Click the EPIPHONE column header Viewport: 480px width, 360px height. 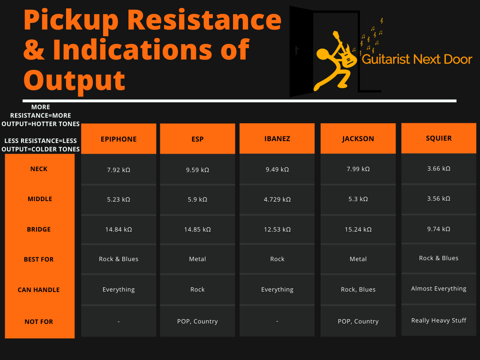(119, 139)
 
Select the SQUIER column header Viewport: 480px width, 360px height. (439, 138)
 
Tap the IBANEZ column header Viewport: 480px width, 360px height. (277, 139)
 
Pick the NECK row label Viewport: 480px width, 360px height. (39, 169)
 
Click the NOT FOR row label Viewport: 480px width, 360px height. (39, 322)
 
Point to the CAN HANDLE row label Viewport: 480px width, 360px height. (39, 290)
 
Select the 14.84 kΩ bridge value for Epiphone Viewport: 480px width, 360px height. (119, 230)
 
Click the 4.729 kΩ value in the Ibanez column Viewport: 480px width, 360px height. (277, 199)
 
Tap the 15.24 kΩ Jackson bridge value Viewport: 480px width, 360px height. (358, 230)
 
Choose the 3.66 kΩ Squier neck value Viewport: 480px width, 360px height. (439, 169)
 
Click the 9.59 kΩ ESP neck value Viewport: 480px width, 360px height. (197, 169)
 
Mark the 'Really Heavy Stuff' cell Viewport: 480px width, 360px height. (439, 321)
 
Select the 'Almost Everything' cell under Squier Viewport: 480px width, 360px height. (439, 289)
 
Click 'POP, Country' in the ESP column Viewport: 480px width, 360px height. (197, 322)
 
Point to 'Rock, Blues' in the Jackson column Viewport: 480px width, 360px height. (358, 290)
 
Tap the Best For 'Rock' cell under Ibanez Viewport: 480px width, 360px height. (277, 259)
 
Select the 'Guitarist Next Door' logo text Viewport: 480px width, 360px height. (417, 60)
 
